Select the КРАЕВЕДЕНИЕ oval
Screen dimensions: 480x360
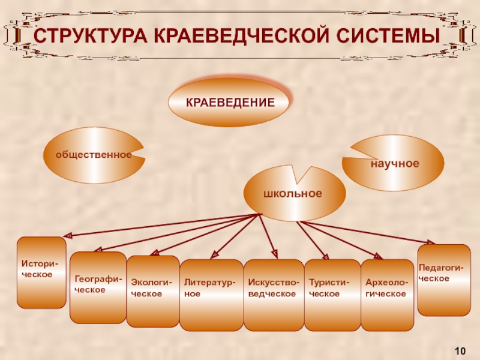pyautogui.click(x=230, y=103)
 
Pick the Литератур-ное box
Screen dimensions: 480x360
pyautogui.click(x=211, y=295)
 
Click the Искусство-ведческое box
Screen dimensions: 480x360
pyautogui.click(x=274, y=295)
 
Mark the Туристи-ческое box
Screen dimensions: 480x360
pyautogui.click(x=331, y=295)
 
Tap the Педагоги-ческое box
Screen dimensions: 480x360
pyautogui.click(x=443, y=280)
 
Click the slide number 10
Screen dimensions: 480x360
pyautogui.click(x=461, y=350)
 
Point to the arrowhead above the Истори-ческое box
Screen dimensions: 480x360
pyautogui.click(x=68, y=235)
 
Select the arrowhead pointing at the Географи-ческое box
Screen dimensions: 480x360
pyautogui.click(x=97, y=250)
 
